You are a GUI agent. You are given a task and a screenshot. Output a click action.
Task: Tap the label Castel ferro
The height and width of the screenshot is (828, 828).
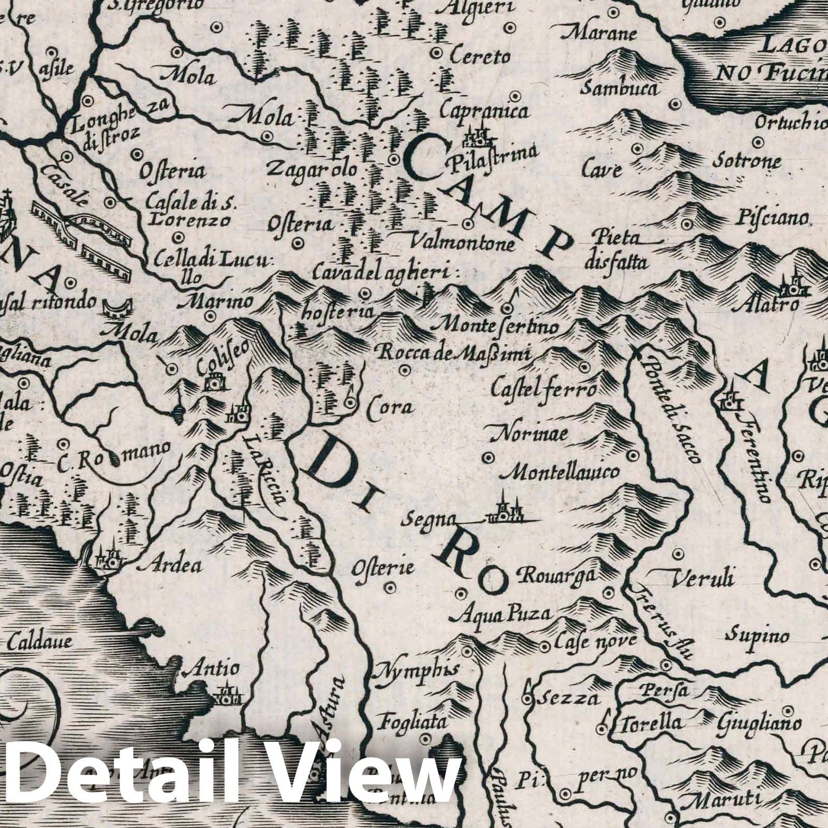click(x=544, y=387)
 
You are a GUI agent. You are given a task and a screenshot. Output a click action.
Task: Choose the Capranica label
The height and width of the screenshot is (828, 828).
click(x=484, y=111)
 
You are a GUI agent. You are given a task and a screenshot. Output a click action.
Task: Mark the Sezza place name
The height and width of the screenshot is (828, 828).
click(x=568, y=699)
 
